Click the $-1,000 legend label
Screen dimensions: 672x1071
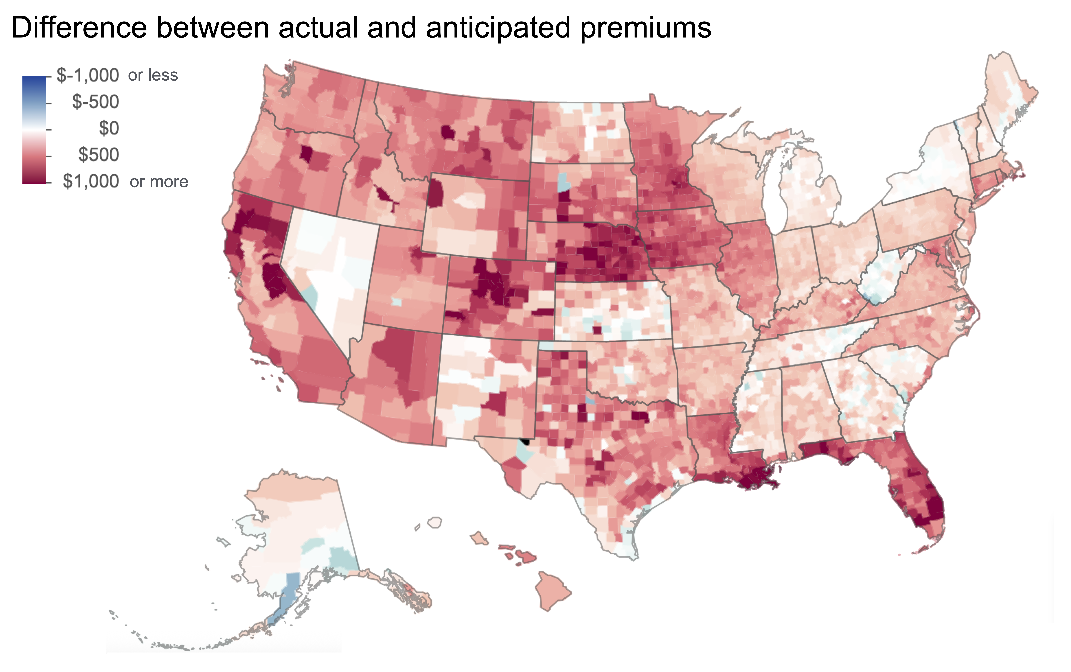pyautogui.click(x=88, y=76)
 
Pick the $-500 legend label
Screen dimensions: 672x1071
pyautogui.click(x=95, y=102)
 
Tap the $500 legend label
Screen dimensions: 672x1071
pyautogui.click(x=98, y=155)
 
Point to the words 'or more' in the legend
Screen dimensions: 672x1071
pyautogui.click(x=159, y=182)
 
